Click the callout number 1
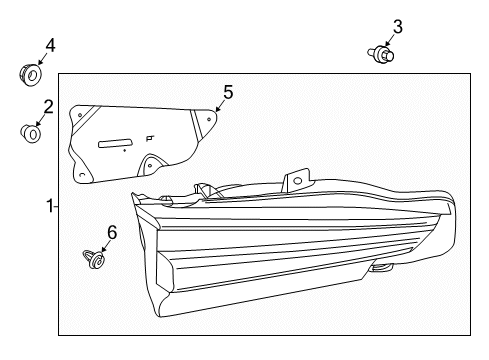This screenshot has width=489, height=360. pos(50,206)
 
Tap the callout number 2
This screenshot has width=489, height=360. pos(49,107)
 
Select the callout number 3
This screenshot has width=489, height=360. pos(398,27)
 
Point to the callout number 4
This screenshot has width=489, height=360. pos(50,45)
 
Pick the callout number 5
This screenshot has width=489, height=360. pos(228,92)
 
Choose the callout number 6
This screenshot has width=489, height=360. pos(112,232)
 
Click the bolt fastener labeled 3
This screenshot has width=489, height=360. pos(381,54)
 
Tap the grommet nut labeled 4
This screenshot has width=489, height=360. pos(30,75)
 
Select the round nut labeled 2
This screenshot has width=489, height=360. pos(30,133)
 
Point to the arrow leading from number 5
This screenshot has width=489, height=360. pos(219,107)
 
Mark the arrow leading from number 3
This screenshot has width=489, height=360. pos(389,41)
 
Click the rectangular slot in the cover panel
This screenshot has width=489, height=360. pos(115,143)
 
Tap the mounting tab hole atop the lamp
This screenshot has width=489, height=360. pos(298,181)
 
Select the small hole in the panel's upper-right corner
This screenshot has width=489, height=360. pos(209,119)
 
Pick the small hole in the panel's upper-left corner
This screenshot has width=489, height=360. pos(80,115)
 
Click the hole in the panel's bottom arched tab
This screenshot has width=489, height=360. pos(150,165)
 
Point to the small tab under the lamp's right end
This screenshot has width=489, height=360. pos(382,267)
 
